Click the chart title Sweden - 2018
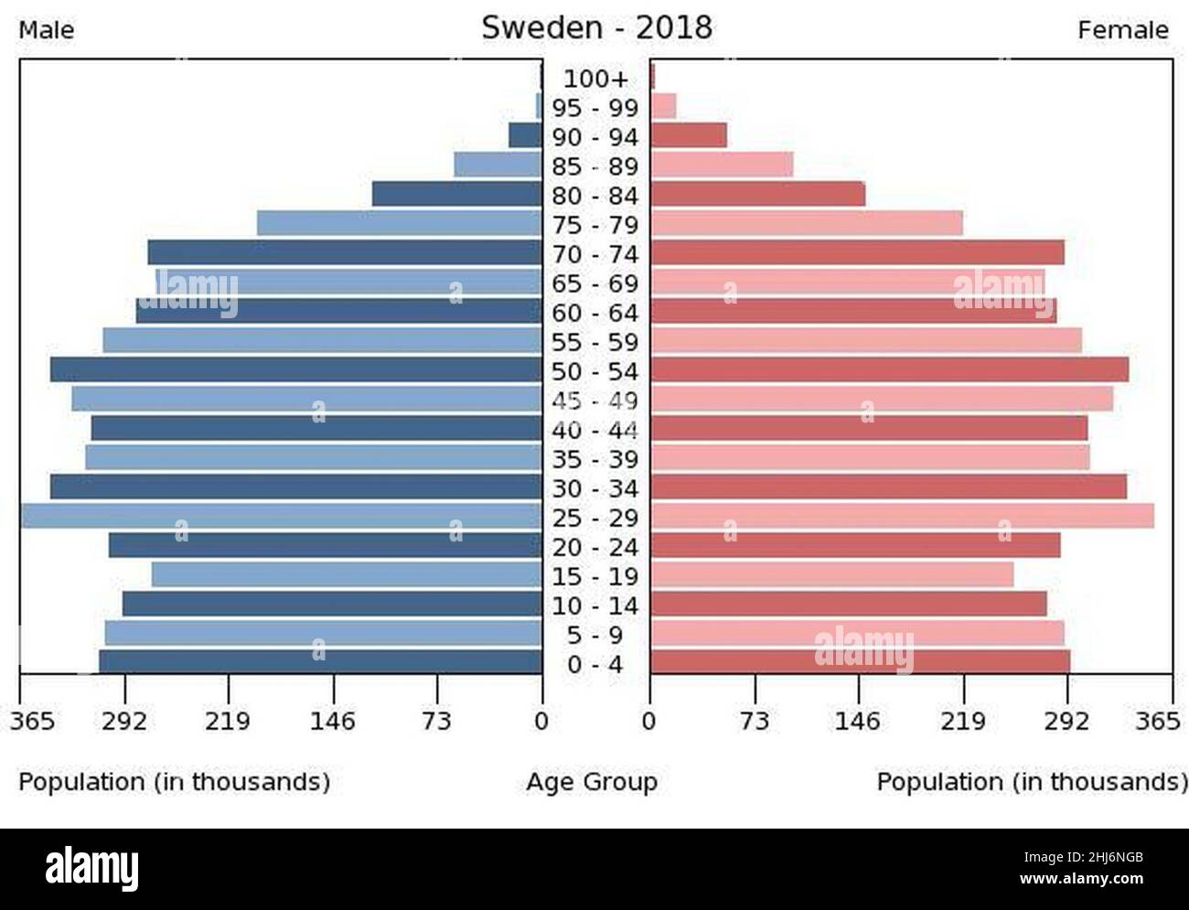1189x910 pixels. [596, 27]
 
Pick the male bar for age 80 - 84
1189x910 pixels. [457, 195]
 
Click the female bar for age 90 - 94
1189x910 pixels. [689, 136]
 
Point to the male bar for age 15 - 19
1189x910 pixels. [348, 575]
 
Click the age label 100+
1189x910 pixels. [595, 79]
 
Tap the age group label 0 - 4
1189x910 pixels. [595, 665]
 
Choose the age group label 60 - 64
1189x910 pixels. [595, 314]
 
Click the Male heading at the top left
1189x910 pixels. [47, 30]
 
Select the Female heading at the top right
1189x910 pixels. [1122, 30]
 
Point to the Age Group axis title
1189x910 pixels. [592, 783]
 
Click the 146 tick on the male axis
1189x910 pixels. [332, 723]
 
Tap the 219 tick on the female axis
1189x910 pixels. [963, 723]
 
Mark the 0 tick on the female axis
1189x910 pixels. [649, 723]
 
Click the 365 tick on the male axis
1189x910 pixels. [32, 723]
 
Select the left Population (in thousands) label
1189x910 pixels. [174, 783]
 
